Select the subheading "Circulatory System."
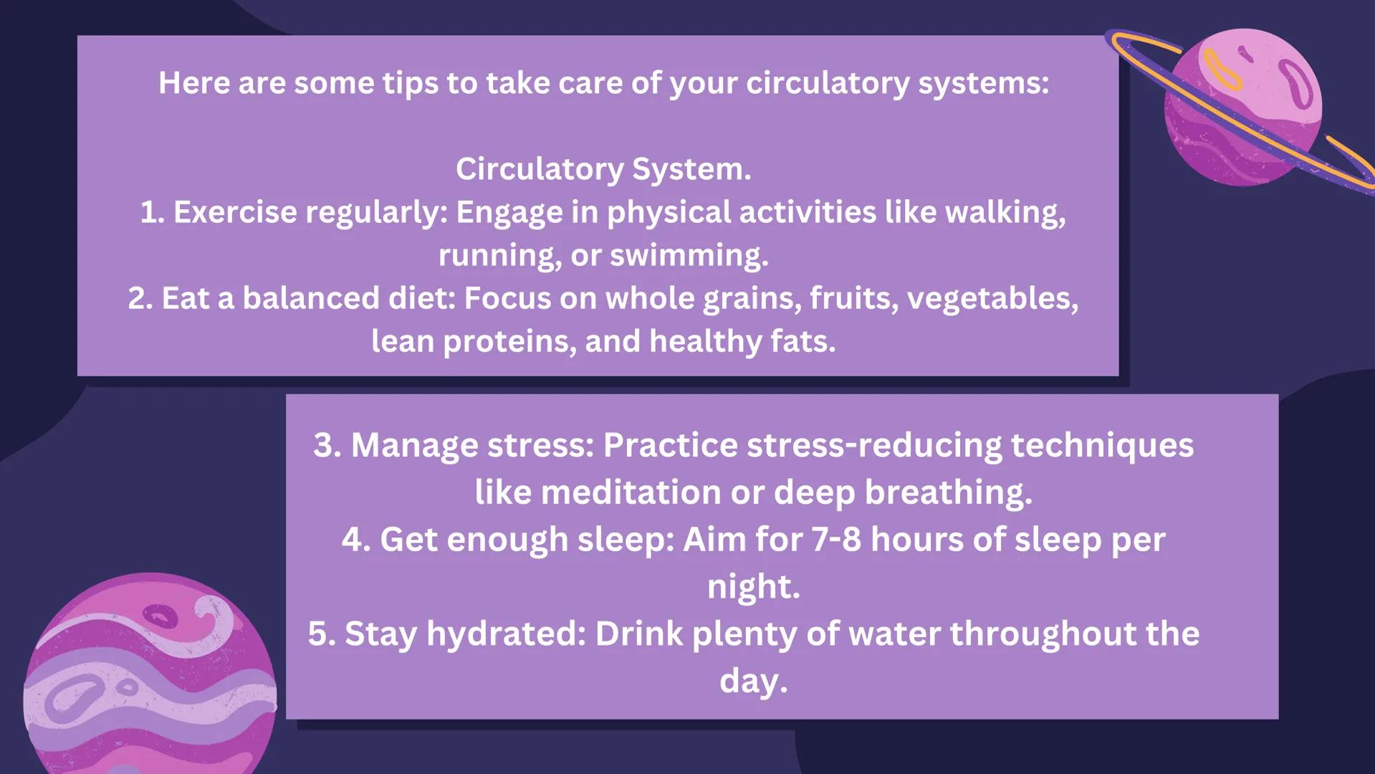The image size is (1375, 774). click(603, 169)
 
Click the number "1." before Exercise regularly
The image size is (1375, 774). click(153, 212)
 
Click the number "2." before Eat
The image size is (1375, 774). click(140, 298)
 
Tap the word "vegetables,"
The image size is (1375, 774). click(992, 298)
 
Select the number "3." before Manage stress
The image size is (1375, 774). click(327, 445)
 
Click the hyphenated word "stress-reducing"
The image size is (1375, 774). click(874, 445)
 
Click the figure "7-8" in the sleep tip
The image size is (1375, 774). click(836, 540)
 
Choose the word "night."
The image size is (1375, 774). click(753, 586)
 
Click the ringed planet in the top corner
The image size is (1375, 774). click(1243, 107)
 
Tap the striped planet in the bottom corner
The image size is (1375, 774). click(150, 674)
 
